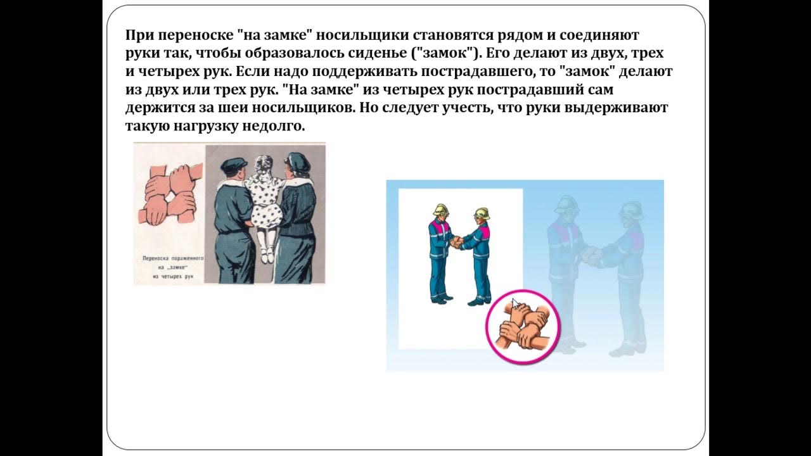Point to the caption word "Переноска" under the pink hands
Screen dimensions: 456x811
[158, 259]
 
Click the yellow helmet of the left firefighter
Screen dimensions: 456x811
[441, 210]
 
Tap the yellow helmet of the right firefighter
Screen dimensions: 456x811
[482, 213]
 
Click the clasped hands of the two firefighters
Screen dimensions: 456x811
[457, 242]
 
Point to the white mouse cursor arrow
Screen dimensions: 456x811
[515, 303]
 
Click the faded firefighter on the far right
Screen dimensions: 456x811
[627, 272]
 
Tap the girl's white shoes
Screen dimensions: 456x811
[267, 256]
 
